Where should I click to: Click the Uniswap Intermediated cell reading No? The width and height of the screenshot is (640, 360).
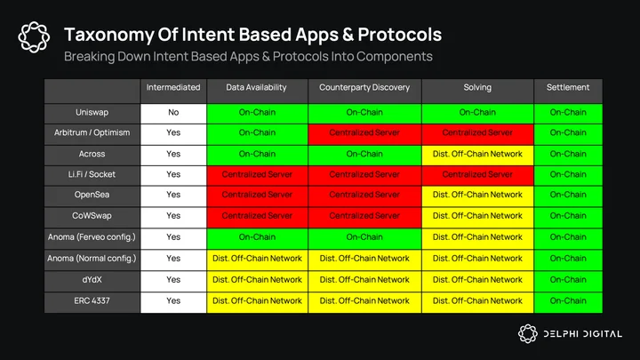coord(173,113)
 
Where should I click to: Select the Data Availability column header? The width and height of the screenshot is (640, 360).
coord(257,87)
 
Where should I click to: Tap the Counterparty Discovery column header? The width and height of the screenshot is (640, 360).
coord(364,87)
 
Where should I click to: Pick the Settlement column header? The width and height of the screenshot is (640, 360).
coord(568,87)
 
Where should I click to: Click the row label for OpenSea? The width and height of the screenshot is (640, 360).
coord(92,195)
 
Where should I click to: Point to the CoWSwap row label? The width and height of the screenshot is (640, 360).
coord(92,216)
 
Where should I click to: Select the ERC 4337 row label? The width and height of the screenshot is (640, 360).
coord(92,300)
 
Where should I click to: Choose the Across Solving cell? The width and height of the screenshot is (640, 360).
coord(477,155)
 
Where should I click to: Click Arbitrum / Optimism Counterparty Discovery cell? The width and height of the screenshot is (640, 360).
coord(364,133)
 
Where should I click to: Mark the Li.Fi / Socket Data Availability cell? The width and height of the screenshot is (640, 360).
coord(257,175)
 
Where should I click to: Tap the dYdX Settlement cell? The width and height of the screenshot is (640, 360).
coord(568,280)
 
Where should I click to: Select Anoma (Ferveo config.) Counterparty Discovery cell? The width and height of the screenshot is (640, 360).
coord(364,237)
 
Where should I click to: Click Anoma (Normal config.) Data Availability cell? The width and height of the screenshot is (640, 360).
coord(257,259)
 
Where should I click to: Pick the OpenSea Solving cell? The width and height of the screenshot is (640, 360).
coord(477,195)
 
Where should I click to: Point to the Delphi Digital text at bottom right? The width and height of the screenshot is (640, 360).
coord(583,334)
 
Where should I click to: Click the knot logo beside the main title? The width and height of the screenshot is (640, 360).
coord(34,37)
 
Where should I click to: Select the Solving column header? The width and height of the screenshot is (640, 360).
coord(477,87)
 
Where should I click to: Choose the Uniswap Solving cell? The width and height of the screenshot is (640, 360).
coord(477,113)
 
